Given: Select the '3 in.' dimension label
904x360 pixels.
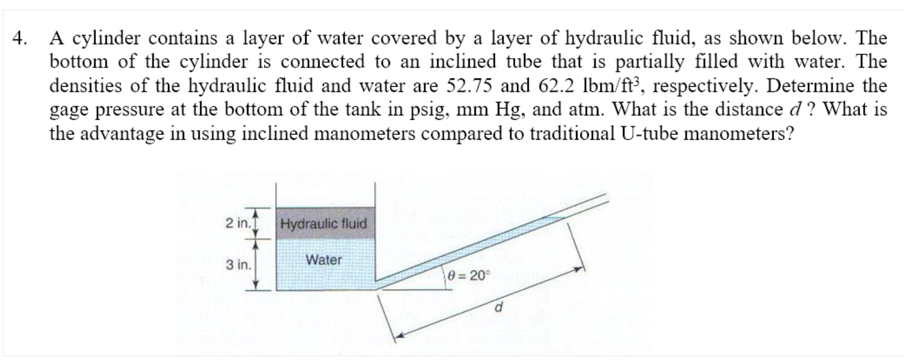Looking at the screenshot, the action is coord(238,265).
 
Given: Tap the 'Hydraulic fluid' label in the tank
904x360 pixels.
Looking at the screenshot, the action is coord(323,223).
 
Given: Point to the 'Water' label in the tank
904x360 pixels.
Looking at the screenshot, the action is coord(323,260).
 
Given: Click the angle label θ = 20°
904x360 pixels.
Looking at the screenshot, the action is coord(468,276).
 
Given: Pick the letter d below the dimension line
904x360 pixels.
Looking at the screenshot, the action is coord(499,308).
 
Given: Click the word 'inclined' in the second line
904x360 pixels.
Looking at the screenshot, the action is coord(463,62).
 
